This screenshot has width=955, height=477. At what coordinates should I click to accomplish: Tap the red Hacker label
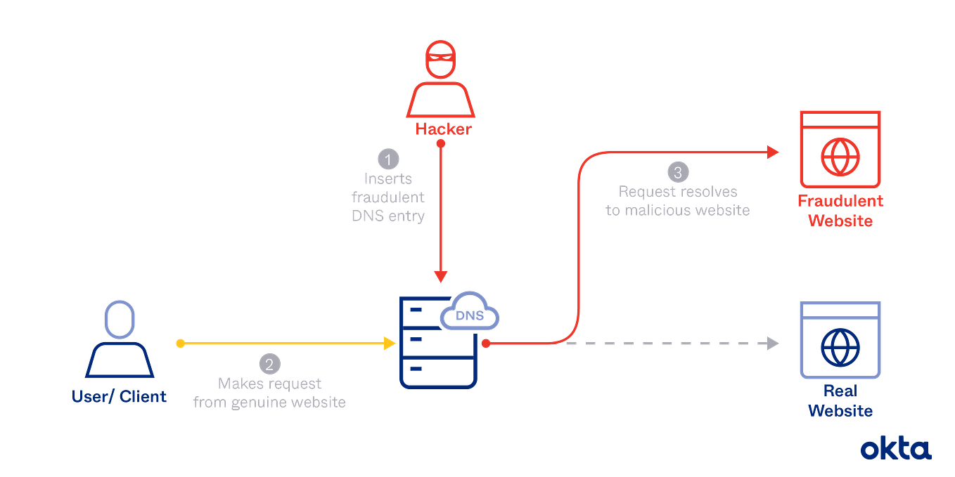click(x=443, y=130)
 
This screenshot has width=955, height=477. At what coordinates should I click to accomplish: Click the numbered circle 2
click(x=269, y=364)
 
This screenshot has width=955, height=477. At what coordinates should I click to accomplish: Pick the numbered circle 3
click(x=677, y=172)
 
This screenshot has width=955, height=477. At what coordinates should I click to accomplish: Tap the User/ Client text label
click(x=120, y=397)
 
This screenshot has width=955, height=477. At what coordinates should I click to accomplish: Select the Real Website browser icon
click(x=840, y=339)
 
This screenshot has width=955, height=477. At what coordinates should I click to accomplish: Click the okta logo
click(x=895, y=448)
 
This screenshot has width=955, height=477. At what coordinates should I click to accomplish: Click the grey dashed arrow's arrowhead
click(x=772, y=344)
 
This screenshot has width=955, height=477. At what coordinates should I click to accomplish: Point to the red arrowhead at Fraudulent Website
click(x=772, y=152)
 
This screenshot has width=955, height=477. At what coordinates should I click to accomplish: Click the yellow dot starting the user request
click(x=180, y=344)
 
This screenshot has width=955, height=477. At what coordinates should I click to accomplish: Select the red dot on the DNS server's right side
click(x=485, y=344)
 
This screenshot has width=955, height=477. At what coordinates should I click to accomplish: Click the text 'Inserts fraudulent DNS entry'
click(x=387, y=197)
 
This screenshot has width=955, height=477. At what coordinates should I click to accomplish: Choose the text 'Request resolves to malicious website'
click(x=677, y=201)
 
